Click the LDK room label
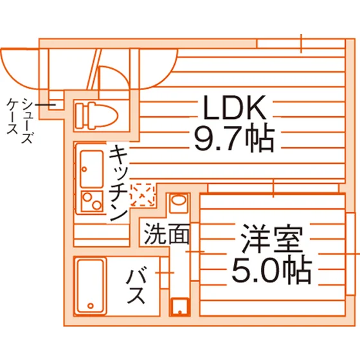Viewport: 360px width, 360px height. click(x=235, y=107)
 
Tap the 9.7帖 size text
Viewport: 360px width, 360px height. click(x=235, y=139)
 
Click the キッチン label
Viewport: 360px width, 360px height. click(x=118, y=183)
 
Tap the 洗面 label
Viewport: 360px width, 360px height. click(x=167, y=234)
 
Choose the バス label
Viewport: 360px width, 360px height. click(x=136, y=287)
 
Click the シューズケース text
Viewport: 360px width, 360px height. click(x=20, y=120)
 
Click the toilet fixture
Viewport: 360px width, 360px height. click(x=96, y=116)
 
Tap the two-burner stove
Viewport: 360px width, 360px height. click(x=92, y=201)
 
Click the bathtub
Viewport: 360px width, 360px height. click(x=90, y=287)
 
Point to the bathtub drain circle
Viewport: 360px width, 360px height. click(x=91, y=305)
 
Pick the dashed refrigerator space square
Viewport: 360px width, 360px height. click(x=142, y=195)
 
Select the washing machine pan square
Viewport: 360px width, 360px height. click(x=180, y=307)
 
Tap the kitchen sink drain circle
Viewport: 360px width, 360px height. click(x=84, y=170)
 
